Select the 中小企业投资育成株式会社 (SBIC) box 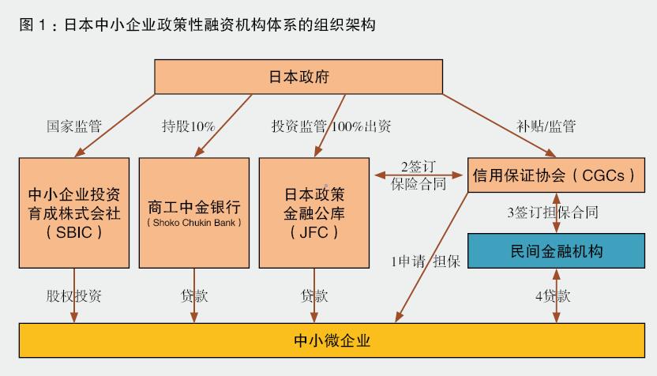tap(74, 212)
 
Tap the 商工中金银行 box tap(194, 212)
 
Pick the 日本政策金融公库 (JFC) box tap(314, 212)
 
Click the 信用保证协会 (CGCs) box tap(552, 175)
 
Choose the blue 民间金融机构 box tap(558, 251)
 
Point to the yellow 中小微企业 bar tap(332, 341)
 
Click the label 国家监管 tap(75, 126)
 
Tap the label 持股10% tap(189, 126)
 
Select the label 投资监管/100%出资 tap(331, 126)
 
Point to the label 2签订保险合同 tap(418, 175)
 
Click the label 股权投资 tap(73, 296)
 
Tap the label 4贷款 tap(552, 296)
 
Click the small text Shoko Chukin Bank tap(193, 223)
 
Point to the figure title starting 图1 tap(197, 24)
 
